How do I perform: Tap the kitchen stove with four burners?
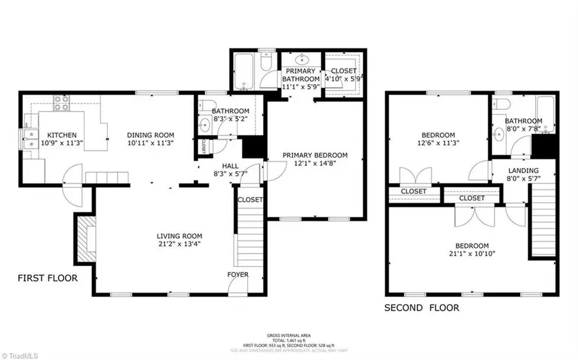[62, 103]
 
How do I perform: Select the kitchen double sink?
[30, 138]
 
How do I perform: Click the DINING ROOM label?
[150, 135]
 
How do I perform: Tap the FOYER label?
[238, 275]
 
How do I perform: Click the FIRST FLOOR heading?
[48, 279]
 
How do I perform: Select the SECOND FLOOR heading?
[422, 308]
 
